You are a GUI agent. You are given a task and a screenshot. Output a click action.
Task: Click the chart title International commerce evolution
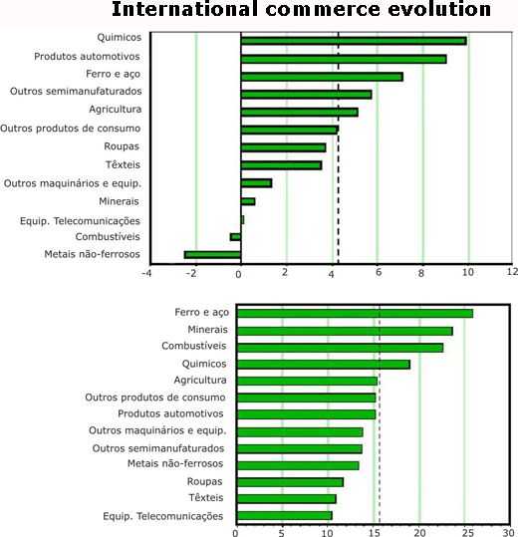(301, 9)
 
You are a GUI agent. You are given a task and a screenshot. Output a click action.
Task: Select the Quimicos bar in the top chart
(354, 41)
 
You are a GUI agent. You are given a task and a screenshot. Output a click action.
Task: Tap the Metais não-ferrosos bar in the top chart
(212, 255)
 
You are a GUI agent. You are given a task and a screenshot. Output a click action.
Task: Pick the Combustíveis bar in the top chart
(235, 237)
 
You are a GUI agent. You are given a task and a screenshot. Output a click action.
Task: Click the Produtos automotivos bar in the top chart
(344, 59)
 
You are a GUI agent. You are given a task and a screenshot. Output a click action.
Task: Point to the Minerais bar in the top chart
(248, 201)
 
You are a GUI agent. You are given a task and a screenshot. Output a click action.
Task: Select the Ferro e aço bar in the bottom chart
(355, 314)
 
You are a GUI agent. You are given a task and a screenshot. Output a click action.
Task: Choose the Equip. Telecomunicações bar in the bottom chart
(284, 516)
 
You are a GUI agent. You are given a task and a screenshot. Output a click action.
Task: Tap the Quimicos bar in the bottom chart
(323, 365)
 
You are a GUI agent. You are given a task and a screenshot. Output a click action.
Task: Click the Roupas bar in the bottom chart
(290, 482)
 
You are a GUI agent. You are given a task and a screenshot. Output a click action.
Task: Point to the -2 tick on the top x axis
(193, 273)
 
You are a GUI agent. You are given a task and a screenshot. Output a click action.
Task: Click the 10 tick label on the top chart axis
(468, 272)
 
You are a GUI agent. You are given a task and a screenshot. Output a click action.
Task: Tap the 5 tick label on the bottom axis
(282, 533)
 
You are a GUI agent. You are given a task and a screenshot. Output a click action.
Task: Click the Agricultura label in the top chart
(115, 110)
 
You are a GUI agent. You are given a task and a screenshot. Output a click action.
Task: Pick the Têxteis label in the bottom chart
(206, 497)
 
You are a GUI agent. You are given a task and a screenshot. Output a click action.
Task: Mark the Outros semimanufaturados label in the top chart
(76, 91)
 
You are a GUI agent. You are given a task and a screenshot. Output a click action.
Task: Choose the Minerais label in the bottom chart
(207, 330)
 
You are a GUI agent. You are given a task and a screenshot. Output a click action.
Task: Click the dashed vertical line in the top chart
(339, 147)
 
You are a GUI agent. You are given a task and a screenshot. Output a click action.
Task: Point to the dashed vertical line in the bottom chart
(380, 414)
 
